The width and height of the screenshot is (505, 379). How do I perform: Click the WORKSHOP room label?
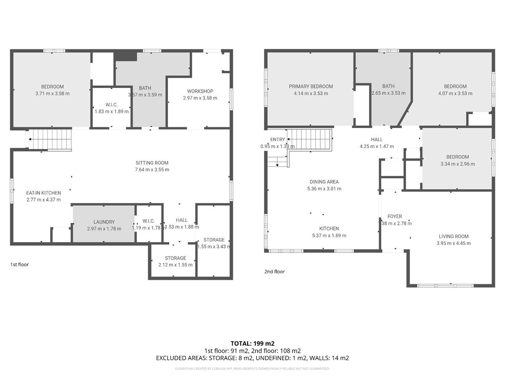coord(200,91)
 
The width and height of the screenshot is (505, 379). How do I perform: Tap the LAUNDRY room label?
coord(104,222)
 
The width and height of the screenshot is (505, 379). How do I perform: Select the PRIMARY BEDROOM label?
coord(311,86)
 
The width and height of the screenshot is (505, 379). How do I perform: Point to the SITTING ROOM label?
coord(152,163)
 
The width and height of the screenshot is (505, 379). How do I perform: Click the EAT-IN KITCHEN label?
coord(43,193)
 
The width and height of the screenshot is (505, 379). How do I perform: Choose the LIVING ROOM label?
coord(453,236)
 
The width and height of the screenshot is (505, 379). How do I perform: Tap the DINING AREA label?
coord(324,182)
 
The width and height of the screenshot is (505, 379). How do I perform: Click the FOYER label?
coord(394,216)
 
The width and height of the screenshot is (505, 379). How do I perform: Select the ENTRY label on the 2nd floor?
coord(277,139)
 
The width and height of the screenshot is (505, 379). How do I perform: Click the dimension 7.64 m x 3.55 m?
coord(152,170)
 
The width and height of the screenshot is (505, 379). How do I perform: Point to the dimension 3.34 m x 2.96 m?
coord(457,164)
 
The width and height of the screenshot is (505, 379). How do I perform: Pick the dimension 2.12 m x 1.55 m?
coord(175,265)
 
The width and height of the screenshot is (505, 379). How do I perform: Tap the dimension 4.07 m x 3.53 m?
coord(455,93)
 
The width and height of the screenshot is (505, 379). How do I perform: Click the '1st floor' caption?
coord(19,264)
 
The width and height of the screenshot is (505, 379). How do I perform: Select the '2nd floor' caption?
coord(274,272)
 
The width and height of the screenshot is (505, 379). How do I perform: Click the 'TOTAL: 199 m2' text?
coord(252,343)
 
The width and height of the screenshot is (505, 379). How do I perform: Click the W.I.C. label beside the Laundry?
coord(149,221)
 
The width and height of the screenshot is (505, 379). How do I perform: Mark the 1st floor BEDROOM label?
coord(52,87)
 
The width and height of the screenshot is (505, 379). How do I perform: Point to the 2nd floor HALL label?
coord(377,139)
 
